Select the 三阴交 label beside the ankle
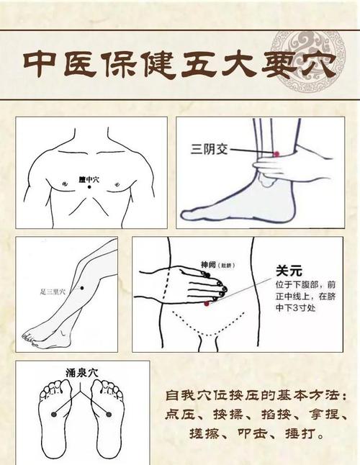coord(207,149)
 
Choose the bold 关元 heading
coord(286,270)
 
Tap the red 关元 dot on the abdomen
coord(207,304)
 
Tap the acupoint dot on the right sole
coord(109,413)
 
